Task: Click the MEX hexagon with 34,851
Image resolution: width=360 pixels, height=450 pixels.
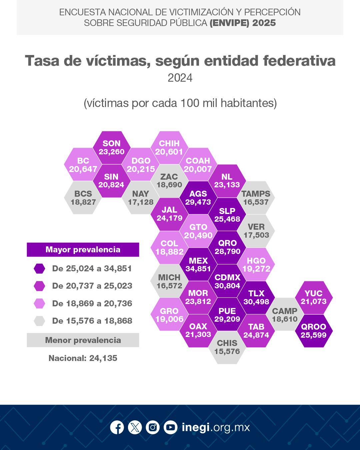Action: click(198, 264)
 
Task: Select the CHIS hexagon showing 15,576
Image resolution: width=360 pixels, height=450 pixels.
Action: click(227, 347)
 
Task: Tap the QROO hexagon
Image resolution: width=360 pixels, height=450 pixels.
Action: click(314, 331)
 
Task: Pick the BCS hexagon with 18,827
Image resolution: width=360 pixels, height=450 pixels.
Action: click(83, 198)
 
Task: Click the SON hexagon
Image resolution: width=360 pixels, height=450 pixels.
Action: click(111, 147)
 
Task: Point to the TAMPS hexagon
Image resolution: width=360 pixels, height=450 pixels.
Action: click(256, 198)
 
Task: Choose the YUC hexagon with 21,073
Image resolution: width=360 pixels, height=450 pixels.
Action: click(314, 297)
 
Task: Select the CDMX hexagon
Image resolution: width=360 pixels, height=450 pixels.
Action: click(227, 281)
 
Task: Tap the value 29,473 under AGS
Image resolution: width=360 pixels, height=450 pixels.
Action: click(198, 202)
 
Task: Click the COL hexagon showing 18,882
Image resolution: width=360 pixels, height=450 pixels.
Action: click(169, 248)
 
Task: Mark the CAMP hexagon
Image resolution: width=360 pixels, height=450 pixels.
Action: click(285, 314)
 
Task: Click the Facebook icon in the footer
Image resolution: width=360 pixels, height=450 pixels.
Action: click(117, 427)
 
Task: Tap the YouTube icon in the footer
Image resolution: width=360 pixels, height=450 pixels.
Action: click(170, 427)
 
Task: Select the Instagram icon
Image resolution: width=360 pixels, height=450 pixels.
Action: click(153, 427)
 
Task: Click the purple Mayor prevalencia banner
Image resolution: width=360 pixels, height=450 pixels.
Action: click(83, 250)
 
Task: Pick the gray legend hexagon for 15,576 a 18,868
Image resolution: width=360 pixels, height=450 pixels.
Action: click(39, 321)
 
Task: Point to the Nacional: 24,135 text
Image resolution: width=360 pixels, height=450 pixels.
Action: click(83, 358)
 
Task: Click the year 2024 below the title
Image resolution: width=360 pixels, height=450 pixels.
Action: click(180, 78)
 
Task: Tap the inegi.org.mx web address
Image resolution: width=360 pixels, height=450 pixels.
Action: click(216, 427)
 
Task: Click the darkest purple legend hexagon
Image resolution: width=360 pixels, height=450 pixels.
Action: click(39, 269)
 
